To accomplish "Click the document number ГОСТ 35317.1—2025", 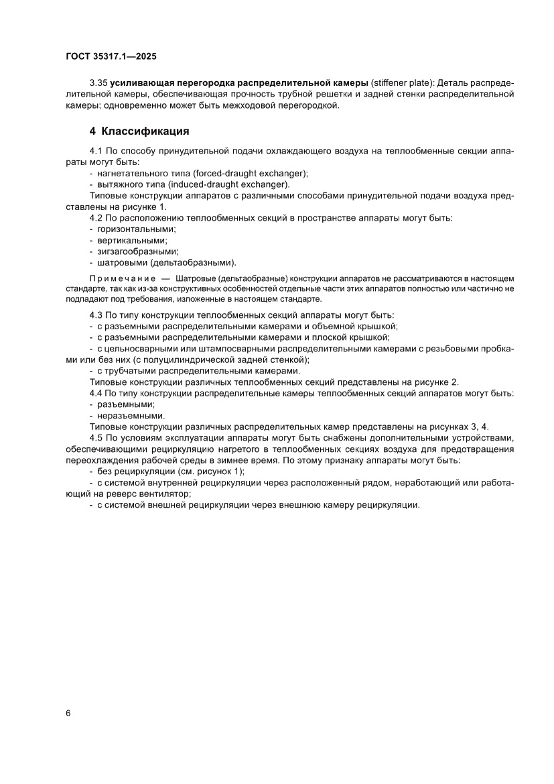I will point(111,57).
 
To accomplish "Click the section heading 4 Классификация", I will point(139,131).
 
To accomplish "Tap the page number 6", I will point(68,713).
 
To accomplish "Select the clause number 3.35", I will point(98,82).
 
